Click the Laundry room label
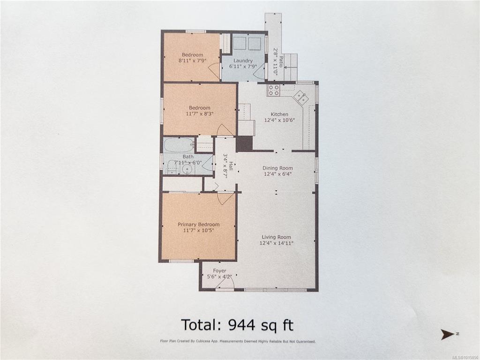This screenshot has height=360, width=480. coord(243,60)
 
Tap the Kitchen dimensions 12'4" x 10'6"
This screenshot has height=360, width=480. coord(279,120)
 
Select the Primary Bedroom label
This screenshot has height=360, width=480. coord(198,225)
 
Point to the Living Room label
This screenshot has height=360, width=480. coord(276,237)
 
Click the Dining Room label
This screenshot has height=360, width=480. coord(277,168)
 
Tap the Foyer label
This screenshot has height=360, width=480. coord(219,270)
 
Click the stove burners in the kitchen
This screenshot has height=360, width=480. coord(273,90)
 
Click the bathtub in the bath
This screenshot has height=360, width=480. coord(179,145)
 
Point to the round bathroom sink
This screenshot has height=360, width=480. coord(186,169)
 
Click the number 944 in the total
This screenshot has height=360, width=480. coord(241,325)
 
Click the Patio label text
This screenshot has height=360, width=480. coord(281,61)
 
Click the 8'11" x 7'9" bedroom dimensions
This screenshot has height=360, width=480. coord(192,60)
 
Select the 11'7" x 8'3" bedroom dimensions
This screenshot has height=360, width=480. coord(199,113)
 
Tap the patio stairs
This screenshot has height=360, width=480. coord(291,67)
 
